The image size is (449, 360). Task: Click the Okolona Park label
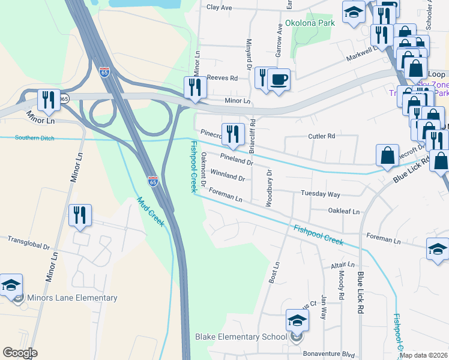click(310, 23)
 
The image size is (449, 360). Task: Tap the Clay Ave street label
click(219, 7)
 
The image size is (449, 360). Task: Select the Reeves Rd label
click(222, 78)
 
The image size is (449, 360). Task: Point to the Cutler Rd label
click(321, 136)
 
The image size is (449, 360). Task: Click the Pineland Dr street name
click(237, 159)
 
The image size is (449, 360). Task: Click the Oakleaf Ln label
click(344, 211)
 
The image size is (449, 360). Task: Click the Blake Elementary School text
click(241, 337)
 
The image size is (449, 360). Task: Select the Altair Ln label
click(342, 264)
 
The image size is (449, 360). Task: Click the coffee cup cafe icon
click(278, 79)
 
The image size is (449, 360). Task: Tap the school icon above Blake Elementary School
click(297, 321)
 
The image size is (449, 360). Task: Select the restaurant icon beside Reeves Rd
click(195, 87)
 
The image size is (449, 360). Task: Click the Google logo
click(20, 353)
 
